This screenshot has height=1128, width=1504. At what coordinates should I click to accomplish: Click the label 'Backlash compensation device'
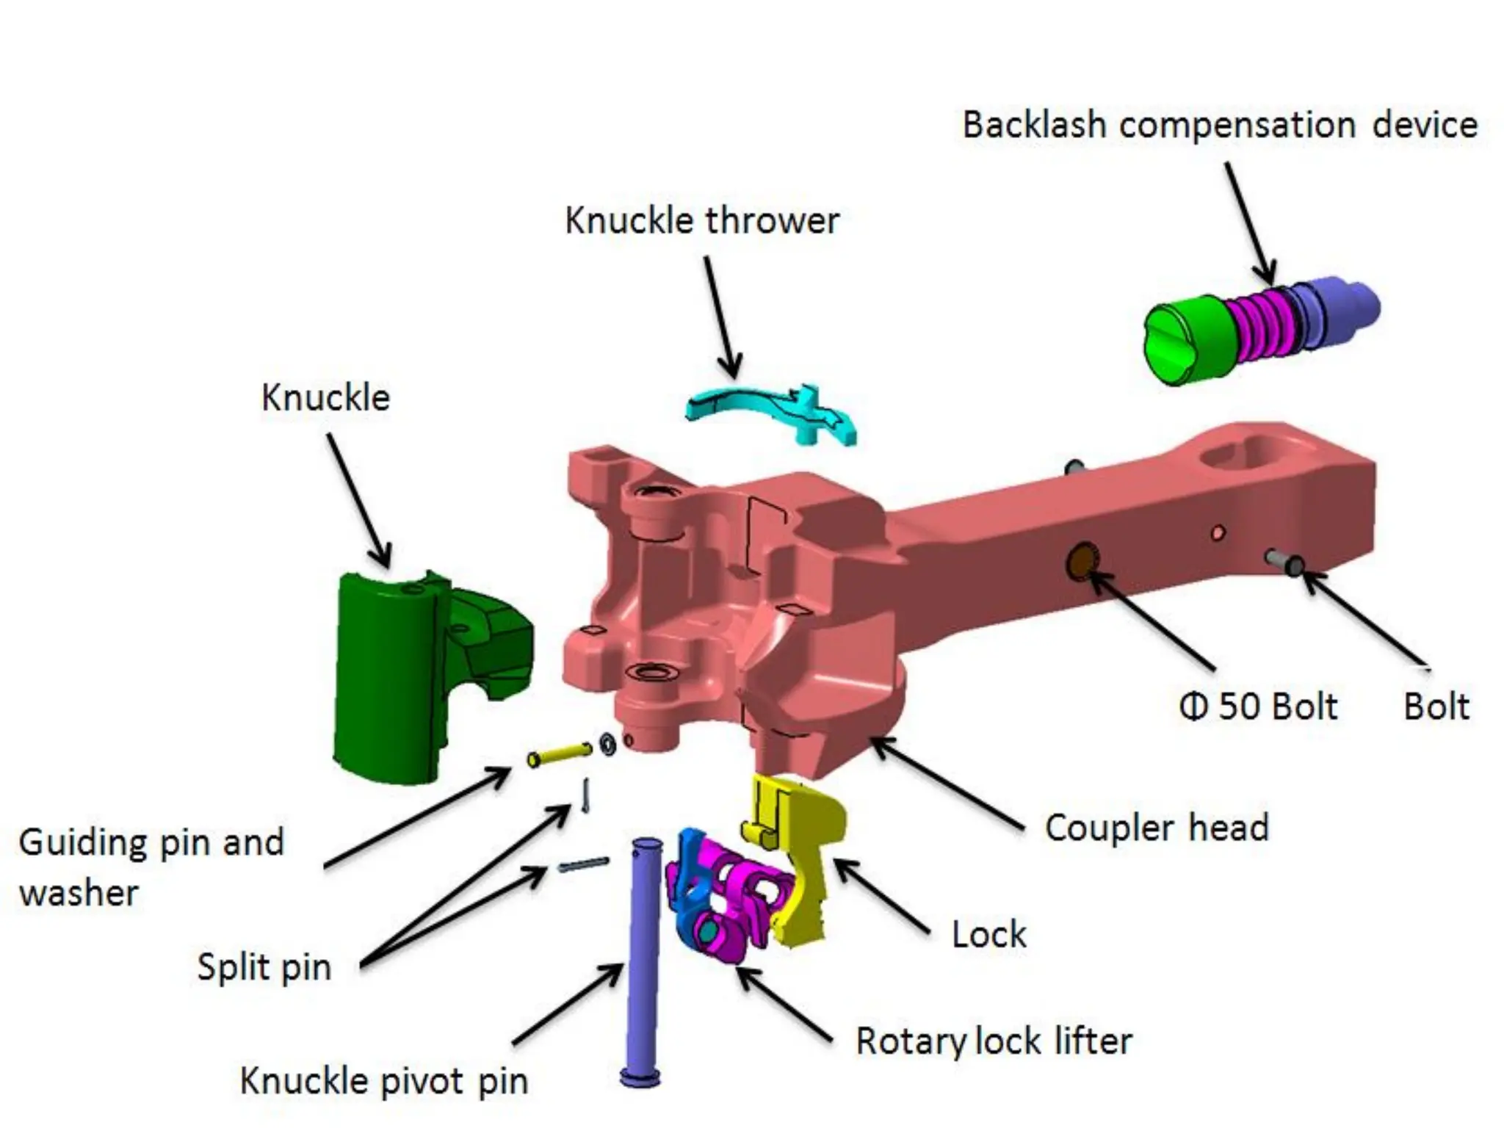click(x=1219, y=125)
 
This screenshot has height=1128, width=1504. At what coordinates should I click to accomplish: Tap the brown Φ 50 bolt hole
click(x=1081, y=562)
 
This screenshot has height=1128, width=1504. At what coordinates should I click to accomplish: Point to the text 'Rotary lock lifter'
click(x=994, y=1041)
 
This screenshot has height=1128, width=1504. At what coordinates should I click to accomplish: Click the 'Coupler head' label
click(x=1157, y=828)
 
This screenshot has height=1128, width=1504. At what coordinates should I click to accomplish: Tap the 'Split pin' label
click(x=264, y=967)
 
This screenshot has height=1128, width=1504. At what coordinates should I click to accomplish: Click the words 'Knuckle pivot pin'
click(x=383, y=1081)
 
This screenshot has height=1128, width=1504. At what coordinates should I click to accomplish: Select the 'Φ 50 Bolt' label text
click(x=1258, y=706)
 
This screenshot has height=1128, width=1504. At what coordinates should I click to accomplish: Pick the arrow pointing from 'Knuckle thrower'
click(x=720, y=316)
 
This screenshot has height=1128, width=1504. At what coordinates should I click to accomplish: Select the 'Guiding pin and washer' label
click(x=151, y=867)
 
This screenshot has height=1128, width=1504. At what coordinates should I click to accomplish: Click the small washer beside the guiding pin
click(x=608, y=745)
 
